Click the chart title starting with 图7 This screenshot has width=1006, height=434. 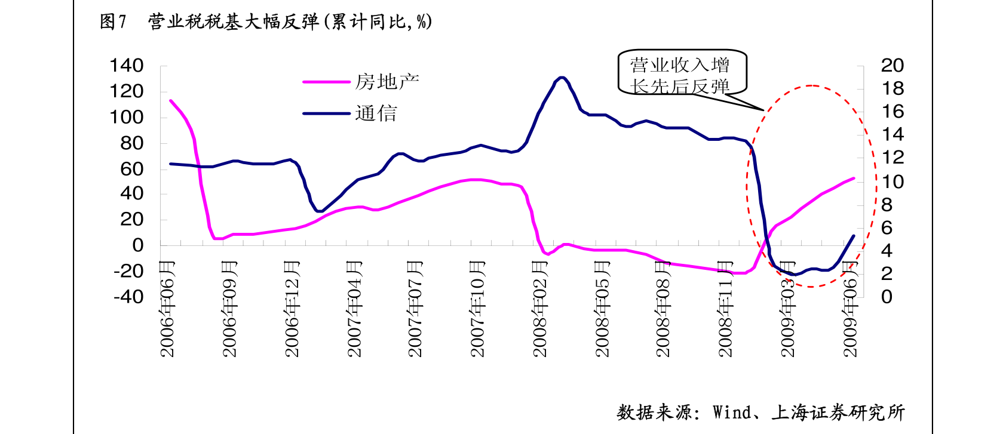click(266, 22)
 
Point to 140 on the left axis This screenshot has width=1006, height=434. click(127, 65)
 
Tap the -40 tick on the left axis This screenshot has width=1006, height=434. click(129, 296)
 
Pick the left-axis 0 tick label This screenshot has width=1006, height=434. click(138, 245)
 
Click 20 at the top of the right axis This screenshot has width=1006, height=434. click(892, 65)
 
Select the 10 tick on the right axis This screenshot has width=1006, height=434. click(892, 181)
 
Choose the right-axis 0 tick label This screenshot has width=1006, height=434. click(887, 296)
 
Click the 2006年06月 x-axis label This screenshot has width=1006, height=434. click(168, 309)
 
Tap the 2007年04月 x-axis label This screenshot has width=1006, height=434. click(355, 309)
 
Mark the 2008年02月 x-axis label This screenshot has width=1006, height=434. click(540, 309)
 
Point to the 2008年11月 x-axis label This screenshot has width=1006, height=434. click(725, 309)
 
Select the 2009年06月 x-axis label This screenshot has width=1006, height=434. click(850, 309)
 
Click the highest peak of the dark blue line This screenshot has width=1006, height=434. click(561, 78)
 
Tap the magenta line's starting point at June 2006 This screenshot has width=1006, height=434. click(171, 101)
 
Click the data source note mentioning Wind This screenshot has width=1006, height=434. click(760, 413)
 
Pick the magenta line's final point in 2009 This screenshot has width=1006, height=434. click(853, 178)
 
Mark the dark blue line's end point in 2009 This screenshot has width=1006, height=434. click(853, 236)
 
